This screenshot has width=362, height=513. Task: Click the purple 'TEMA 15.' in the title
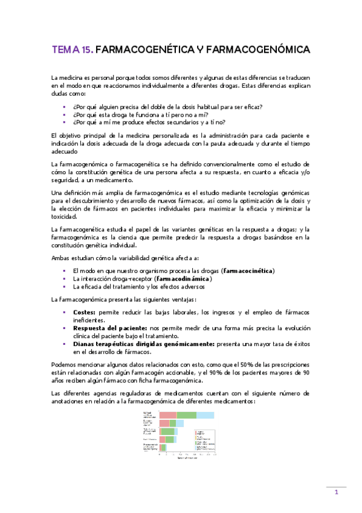click(73, 49)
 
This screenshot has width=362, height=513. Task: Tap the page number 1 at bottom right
click(336, 494)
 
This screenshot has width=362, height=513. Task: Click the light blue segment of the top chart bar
click(205, 415)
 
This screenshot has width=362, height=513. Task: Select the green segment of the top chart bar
click(186, 415)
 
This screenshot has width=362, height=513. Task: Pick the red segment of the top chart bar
click(168, 415)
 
